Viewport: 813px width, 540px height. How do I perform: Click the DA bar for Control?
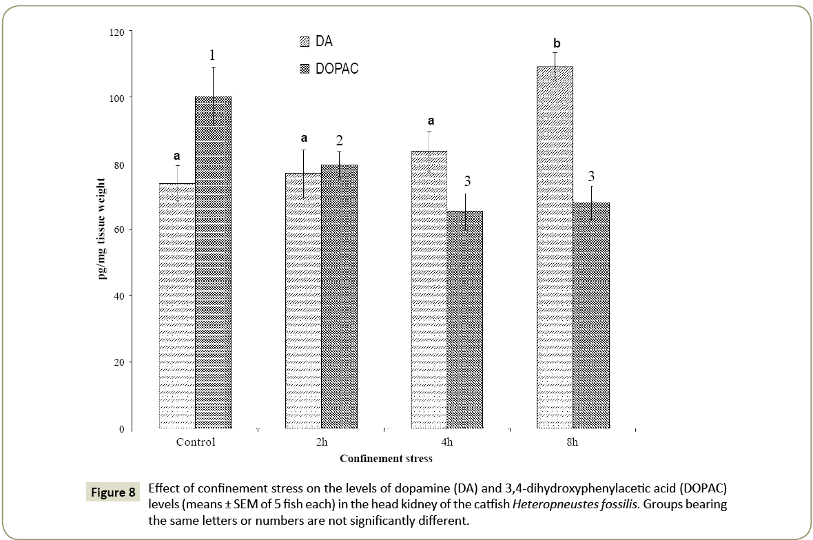[x=177, y=306]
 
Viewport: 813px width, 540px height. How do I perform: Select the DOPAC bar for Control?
[x=213, y=262]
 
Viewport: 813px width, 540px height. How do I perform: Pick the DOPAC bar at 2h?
[x=339, y=297]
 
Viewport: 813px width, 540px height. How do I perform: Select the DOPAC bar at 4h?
[x=464, y=320]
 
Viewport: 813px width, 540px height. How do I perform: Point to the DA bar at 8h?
[x=555, y=247]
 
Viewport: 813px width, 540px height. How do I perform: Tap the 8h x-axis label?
[x=572, y=442]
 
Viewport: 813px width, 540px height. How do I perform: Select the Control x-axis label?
[x=196, y=442]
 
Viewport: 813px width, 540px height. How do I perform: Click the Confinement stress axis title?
[x=386, y=458]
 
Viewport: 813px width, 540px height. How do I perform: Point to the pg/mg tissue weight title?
[x=102, y=229]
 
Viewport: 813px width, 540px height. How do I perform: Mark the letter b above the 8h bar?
[x=557, y=44]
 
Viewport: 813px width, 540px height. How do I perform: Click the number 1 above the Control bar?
[x=213, y=54]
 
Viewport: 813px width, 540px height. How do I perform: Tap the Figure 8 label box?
[x=113, y=493]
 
